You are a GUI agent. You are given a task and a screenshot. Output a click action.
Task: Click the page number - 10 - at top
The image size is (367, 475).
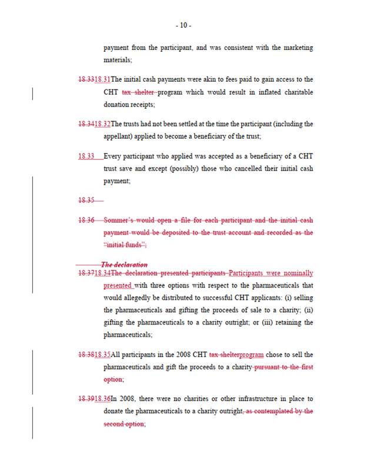point(183,25)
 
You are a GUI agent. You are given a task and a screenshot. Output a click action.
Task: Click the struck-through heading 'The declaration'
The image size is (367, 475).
point(124,265)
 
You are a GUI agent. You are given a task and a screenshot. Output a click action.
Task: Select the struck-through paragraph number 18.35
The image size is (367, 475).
point(86,200)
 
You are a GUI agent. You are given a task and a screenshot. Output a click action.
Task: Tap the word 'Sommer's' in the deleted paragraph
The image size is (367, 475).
point(121,220)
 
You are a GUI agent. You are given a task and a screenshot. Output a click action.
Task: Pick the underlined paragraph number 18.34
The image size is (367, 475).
point(102,273)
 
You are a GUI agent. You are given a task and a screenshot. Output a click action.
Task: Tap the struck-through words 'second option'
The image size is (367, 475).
point(124,423)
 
